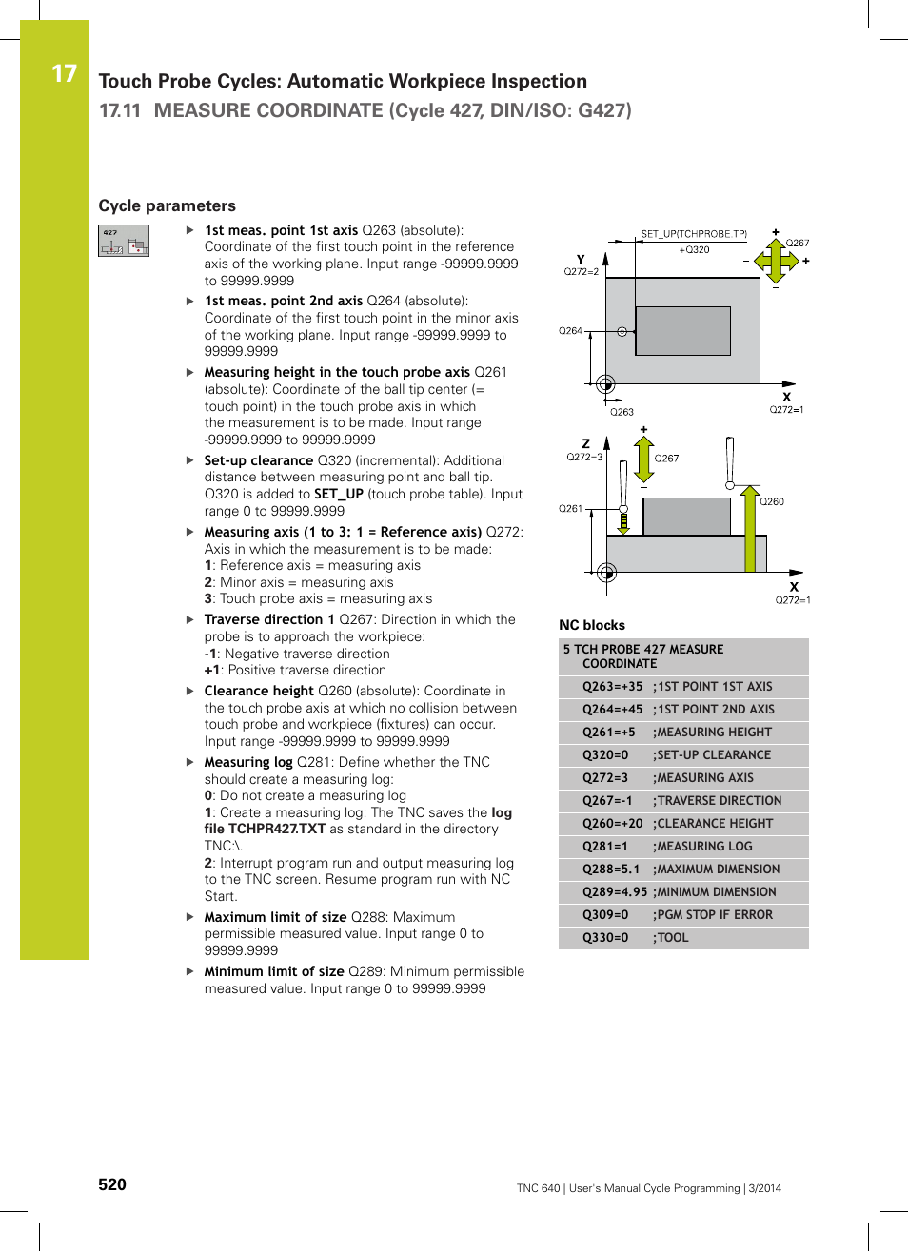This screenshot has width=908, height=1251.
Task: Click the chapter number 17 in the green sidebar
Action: pos(64,73)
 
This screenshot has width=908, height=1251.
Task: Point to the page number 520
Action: pos(112,1184)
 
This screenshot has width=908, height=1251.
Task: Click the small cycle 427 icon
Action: pos(124,241)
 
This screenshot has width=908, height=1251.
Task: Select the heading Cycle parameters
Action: pos(167,205)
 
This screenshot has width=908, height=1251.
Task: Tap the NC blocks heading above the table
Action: pos(591,625)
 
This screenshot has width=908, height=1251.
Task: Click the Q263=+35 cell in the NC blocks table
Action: pos(612,687)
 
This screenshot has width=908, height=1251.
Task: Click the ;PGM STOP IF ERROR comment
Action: pos(712,915)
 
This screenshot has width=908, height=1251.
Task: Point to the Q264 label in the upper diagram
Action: pos(570,331)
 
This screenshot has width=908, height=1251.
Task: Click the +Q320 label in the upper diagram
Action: pos(694,250)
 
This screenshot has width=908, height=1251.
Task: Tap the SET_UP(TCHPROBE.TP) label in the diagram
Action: pos(694,234)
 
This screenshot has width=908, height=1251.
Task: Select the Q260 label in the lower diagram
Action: pos(772,501)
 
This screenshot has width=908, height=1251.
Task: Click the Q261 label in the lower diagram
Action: pos(570,509)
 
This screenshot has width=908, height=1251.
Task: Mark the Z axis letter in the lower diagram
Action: pos(585,443)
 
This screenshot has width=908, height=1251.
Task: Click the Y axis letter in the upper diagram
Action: pos(581,259)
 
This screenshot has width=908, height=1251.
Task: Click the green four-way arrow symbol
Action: pos(776,260)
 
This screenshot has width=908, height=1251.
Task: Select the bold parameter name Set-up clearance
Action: pos(258,460)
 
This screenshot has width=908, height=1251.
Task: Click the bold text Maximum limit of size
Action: pos(275,917)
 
